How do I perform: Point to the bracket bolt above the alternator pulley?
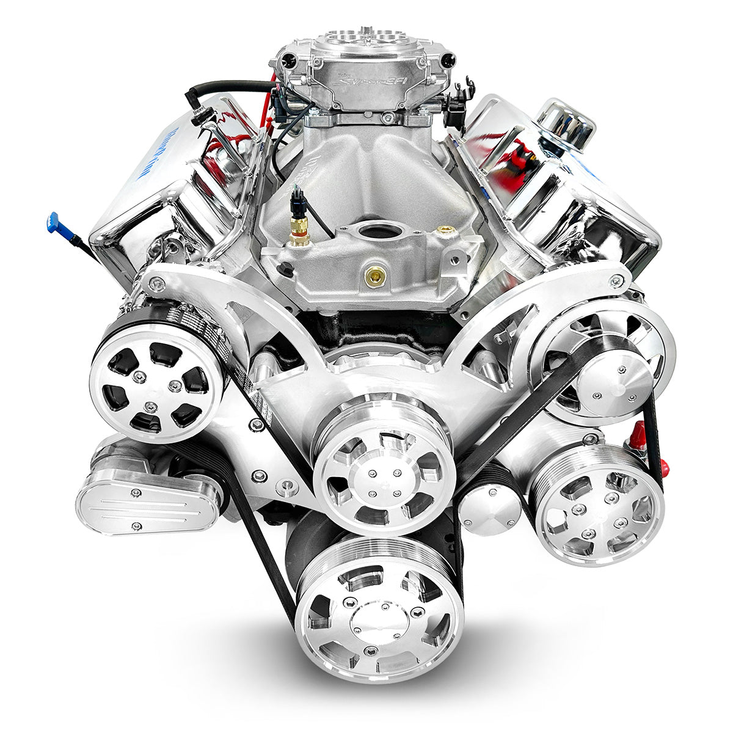click(x=160, y=283)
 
